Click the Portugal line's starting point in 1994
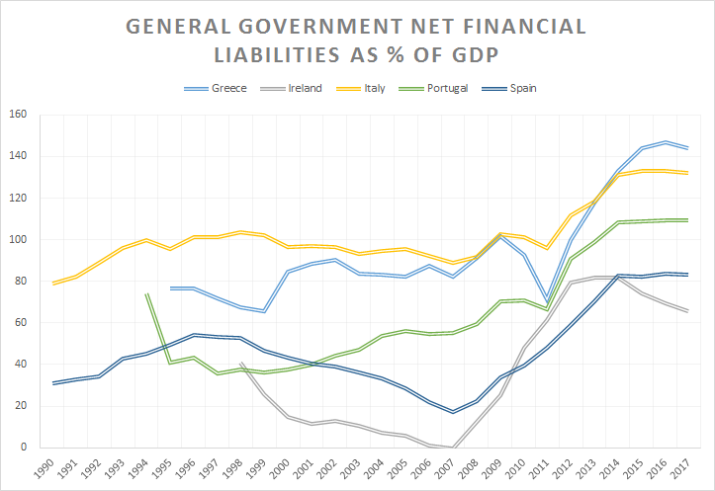pos(146,293)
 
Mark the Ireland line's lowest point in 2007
pos(452,447)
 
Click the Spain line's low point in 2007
pos(452,412)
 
